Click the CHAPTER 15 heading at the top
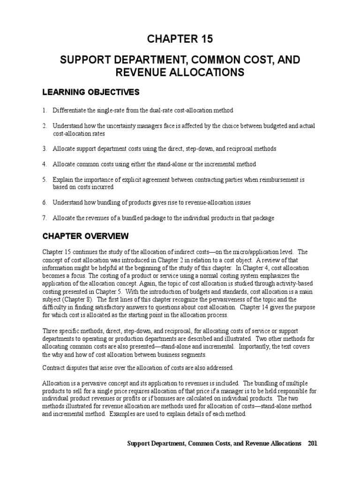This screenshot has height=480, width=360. [x=180, y=39]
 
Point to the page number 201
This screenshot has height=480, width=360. [x=313, y=443]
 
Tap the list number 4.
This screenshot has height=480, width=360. [x=45, y=164]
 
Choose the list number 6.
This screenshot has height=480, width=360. [x=45, y=202]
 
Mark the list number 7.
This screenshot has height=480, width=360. [x=45, y=218]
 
